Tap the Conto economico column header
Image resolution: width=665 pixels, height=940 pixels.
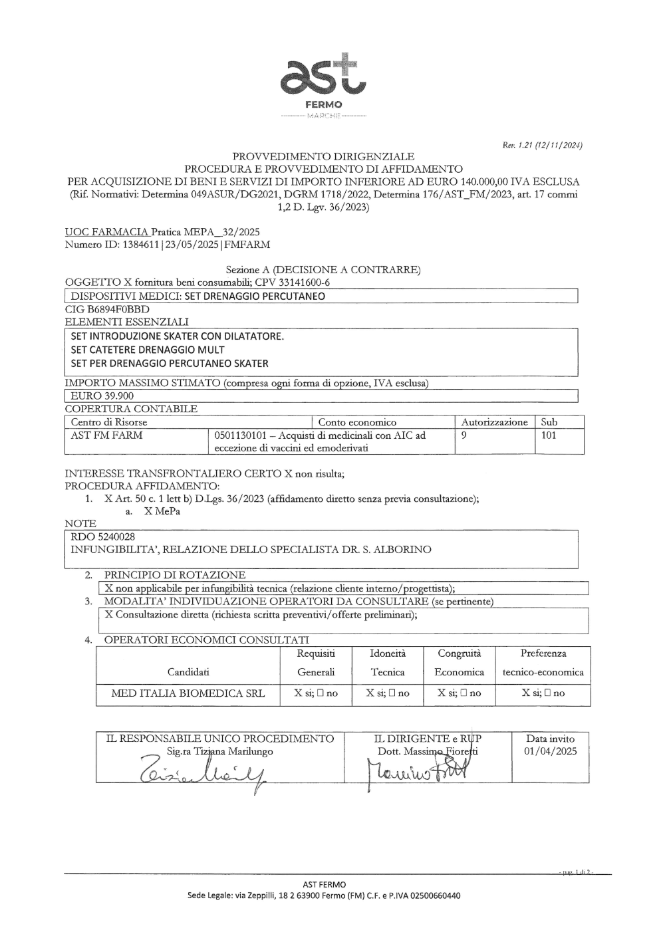click(357, 422)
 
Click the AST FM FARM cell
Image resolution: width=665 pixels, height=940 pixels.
click(106, 435)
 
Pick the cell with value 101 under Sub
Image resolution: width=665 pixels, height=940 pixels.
click(549, 435)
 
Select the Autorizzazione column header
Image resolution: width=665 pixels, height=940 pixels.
click(494, 422)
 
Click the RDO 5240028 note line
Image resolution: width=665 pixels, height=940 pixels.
click(103, 536)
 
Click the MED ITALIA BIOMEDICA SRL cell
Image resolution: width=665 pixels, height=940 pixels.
click(188, 693)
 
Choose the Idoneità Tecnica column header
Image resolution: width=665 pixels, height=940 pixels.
click(387, 663)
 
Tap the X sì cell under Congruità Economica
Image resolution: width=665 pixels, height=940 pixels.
click(459, 693)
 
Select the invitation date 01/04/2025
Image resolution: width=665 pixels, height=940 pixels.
click(550, 751)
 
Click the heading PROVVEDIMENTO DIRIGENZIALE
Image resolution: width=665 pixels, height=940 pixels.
click(323, 156)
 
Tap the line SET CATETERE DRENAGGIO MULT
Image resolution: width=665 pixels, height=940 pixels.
click(148, 350)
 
